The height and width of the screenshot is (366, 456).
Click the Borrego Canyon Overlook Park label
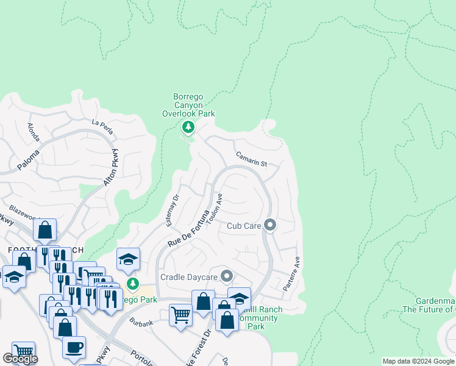coord(188,105)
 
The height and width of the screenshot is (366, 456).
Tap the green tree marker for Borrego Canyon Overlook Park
coord(188,127)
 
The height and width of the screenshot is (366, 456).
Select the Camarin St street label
coord(252,160)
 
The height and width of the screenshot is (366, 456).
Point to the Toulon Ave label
coord(215,209)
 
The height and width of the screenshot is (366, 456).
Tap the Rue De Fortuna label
coord(191,228)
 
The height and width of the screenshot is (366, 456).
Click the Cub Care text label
coord(244,226)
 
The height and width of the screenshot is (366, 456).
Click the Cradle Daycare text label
coord(189,277)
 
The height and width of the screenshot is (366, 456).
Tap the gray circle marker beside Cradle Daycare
coord(227,277)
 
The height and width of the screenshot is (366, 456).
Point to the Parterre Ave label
coord(292,273)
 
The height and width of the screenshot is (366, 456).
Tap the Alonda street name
coord(33,132)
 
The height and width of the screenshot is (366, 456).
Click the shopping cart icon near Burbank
coord(180,315)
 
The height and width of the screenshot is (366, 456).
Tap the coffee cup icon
coord(74,347)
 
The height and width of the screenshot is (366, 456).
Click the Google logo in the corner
coord(20,359)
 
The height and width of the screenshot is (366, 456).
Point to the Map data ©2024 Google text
coord(418,361)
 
